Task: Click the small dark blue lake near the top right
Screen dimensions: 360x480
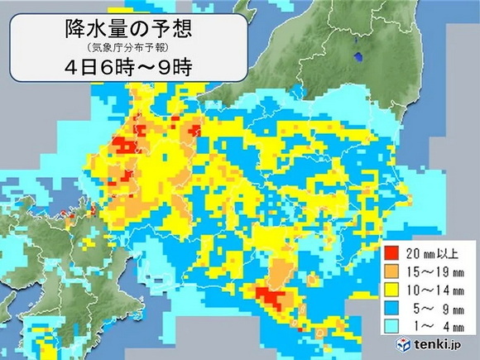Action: (x=358, y=57)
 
